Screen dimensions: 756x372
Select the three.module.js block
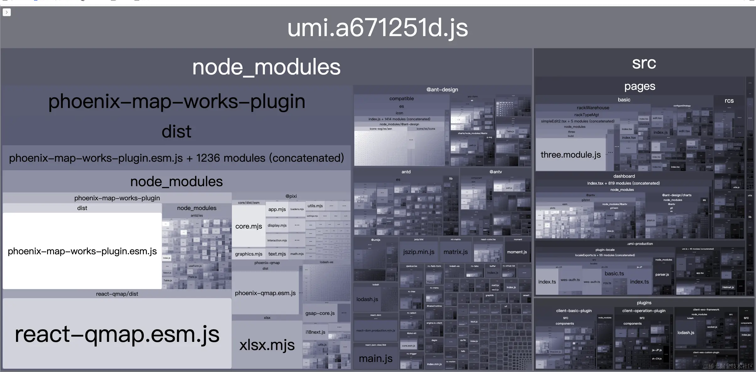570,155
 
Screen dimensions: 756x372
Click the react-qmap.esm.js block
117,334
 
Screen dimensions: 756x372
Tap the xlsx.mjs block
267,345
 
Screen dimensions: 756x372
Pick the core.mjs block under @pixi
249,226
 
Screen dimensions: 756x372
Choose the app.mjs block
277,209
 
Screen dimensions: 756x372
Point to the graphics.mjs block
249,254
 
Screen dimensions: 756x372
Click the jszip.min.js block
419,252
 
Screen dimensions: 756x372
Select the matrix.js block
455,252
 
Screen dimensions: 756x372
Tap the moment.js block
517,252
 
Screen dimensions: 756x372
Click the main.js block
375,359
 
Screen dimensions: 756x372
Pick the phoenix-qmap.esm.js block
265,293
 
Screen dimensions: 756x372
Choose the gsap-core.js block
320,313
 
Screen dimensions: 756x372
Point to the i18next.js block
315,332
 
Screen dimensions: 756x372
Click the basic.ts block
614,274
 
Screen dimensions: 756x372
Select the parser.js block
662,275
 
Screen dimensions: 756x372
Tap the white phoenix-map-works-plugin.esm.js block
82,251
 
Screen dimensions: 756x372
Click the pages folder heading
640,86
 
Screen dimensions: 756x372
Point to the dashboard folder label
624,176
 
